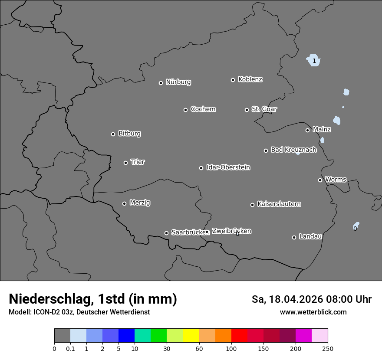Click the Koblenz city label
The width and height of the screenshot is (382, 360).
250,79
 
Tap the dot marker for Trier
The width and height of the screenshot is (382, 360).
126,163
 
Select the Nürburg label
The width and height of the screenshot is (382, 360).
178,82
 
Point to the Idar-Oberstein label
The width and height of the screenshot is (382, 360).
228,167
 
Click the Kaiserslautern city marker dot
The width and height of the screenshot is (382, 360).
252,205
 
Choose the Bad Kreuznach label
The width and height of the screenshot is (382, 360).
293,150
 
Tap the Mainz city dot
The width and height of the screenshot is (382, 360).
307,130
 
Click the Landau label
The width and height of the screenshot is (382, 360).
310,236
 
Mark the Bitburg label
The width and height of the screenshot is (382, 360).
129,134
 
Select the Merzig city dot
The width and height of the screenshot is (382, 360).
124,203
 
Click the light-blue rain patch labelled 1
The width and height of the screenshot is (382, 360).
313,61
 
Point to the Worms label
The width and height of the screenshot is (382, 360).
336,179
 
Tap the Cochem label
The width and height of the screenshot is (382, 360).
203,109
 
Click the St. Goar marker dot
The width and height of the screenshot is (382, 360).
247,110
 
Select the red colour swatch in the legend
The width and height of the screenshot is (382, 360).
239,336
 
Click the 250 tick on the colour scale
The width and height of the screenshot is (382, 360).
327,348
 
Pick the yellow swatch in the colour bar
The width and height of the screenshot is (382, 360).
191,336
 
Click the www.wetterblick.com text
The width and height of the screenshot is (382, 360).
313,312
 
